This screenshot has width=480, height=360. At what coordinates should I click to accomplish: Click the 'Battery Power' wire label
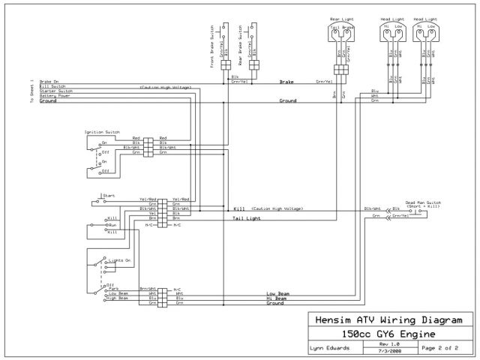pyautogui.click(x=55, y=96)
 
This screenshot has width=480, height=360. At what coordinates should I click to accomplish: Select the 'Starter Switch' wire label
pyautogui.click(x=55, y=91)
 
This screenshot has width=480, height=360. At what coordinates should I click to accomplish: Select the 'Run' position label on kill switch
pyautogui.click(x=113, y=225)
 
